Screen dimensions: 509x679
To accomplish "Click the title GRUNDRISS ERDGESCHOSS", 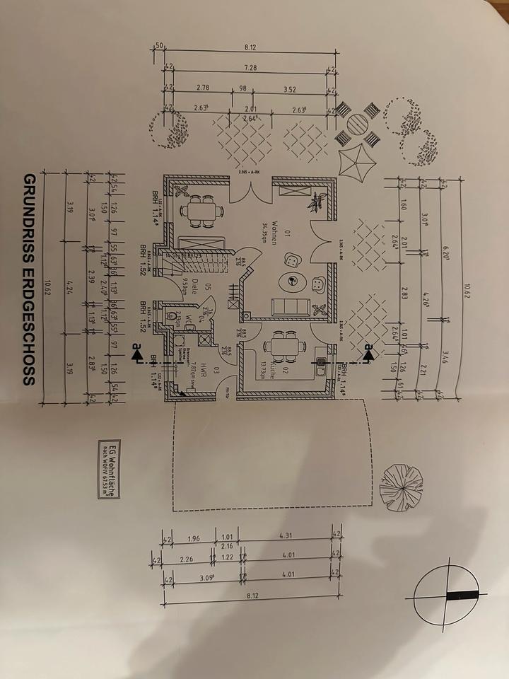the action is tap(29, 279).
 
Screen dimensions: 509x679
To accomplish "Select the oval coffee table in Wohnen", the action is tap(291, 282).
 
